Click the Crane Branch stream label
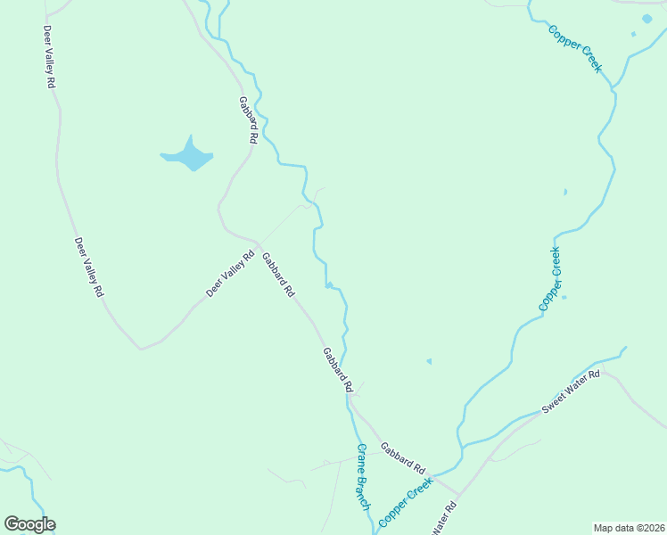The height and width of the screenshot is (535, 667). pyautogui.click(x=363, y=477)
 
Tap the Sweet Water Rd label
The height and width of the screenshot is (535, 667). pyautogui.click(x=572, y=393)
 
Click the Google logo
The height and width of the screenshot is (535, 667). pyautogui.click(x=29, y=524)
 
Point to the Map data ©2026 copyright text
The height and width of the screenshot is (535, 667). pyautogui.click(x=630, y=528)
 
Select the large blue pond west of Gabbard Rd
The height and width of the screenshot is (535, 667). pyautogui.click(x=188, y=158)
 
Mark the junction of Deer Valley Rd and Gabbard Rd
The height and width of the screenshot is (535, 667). pyautogui.click(x=259, y=243)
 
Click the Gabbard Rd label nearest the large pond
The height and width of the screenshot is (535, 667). pyautogui.click(x=247, y=120)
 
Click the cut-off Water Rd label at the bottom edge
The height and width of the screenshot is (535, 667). pyautogui.click(x=444, y=519)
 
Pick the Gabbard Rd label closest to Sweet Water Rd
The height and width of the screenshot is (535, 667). pyautogui.click(x=403, y=457)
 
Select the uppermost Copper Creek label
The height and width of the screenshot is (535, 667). pyautogui.click(x=576, y=48)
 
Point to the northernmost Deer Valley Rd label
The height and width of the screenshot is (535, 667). pyautogui.click(x=49, y=56)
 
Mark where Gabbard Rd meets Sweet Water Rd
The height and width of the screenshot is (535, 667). pyautogui.click(x=458, y=493)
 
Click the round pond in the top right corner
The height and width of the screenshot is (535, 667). pyautogui.click(x=647, y=19)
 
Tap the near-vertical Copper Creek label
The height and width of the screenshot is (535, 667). pyautogui.click(x=551, y=278)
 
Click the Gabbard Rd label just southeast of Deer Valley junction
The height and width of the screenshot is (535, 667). pyautogui.click(x=277, y=275)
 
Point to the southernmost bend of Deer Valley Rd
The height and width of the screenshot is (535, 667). pyautogui.click(x=141, y=348)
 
